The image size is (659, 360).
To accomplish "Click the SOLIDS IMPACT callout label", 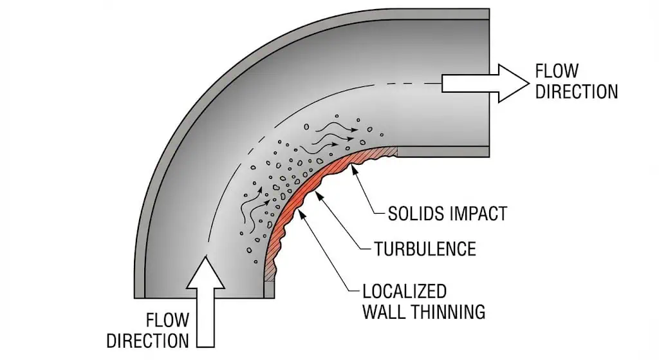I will click(x=447, y=213).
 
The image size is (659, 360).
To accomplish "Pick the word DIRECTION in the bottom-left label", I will click(x=147, y=340).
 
